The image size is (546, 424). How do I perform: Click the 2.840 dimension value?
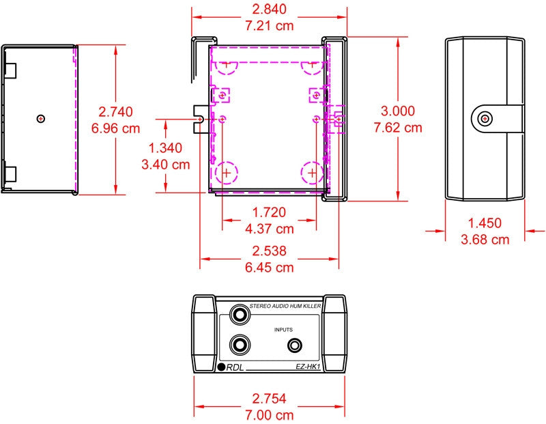pos(269,9)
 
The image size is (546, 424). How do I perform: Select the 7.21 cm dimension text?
pos(269,25)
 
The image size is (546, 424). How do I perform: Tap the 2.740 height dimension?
pos(115,112)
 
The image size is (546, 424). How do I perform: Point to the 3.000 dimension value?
pos(398,111)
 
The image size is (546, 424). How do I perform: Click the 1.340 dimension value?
pos(165,147)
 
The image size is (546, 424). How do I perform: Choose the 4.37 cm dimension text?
pos(269,229)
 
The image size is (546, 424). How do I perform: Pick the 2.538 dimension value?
pos(269,251)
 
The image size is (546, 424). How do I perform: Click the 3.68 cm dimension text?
pos(485,240)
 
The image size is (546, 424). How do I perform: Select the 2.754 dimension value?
pos(269,399)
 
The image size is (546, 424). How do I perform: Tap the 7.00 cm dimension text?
pos(269,415)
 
